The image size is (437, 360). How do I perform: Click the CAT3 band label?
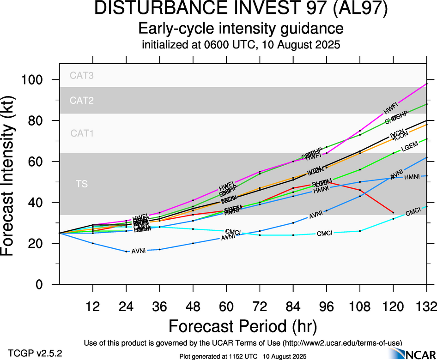pyautogui.click(x=82, y=76)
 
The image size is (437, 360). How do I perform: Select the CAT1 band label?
pyautogui.click(x=82, y=133)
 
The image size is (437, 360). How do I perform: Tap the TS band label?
pyautogui.click(x=82, y=184)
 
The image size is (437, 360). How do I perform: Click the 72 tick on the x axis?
pyautogui.click(x=260, y=306)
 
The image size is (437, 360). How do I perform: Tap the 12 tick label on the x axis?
pyautogui.click(x=93, y=306)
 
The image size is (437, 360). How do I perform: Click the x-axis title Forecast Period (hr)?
pyautogui.click(x=242, y=327)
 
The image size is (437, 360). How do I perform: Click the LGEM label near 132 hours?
pyautogui.click(x=410, y=146)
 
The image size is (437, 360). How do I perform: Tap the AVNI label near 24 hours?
pyautogui.click(x=139, y=251)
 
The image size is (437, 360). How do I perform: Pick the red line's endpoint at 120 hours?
pyautogui.click(x=393, y=212)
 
